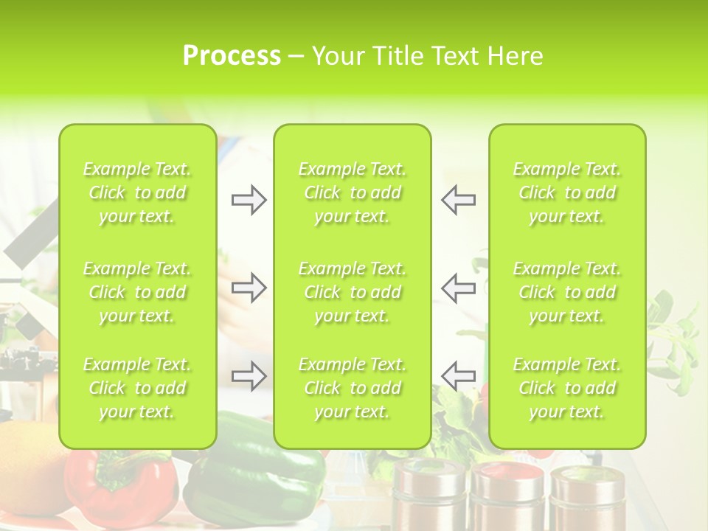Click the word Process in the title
(x=232, y=56)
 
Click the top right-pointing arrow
(x=249, y=199)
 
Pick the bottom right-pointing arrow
(x=249, y=375)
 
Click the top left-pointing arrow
(x=458, y=199)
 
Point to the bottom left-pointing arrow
(x=458, y=375)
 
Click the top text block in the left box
(x=137, y=192)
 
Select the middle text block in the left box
(x=137, y=292)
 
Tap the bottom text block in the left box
(x=137, y=388)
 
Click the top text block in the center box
(x=353, y=192)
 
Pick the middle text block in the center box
(x=353, y=292)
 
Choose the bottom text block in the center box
(x=353, y=388)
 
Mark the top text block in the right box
(x=567, y=192)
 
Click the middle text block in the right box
(x=567, y=292)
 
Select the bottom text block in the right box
(x=567, y=388)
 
